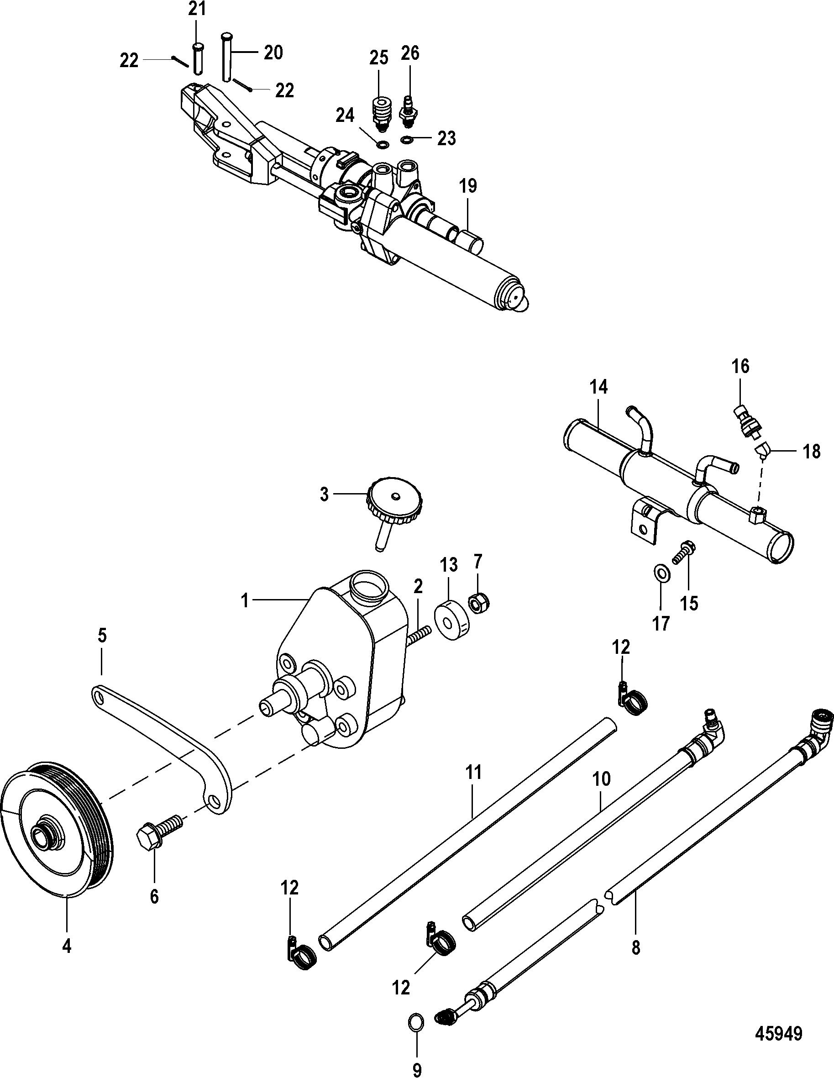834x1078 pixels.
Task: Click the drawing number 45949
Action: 778,1033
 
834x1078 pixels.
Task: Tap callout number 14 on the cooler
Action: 598,387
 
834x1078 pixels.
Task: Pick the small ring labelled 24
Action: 382,145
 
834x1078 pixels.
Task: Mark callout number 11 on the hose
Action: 473,773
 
